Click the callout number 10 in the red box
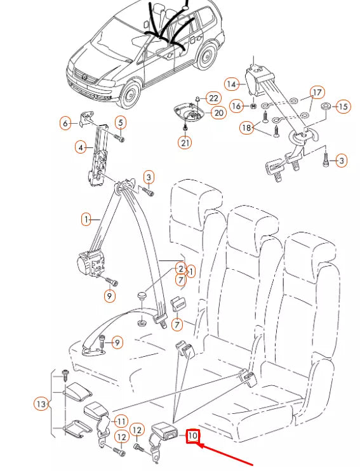tap(192, 436)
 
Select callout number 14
tap(231, 84)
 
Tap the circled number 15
tap(343, 106)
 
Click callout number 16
tap(236, 106)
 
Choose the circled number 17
tap(316, 93)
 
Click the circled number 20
tap(218, 113)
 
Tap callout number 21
tap(185, 143)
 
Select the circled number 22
tap(213, 98)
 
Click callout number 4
tap(81, 147)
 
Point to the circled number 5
tap(120, 123)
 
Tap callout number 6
tap(65, 123)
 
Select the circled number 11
tap(121, 420)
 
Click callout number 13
tap(41, 404)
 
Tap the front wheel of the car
tap(130, 95)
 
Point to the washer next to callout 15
tap(325, 105)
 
